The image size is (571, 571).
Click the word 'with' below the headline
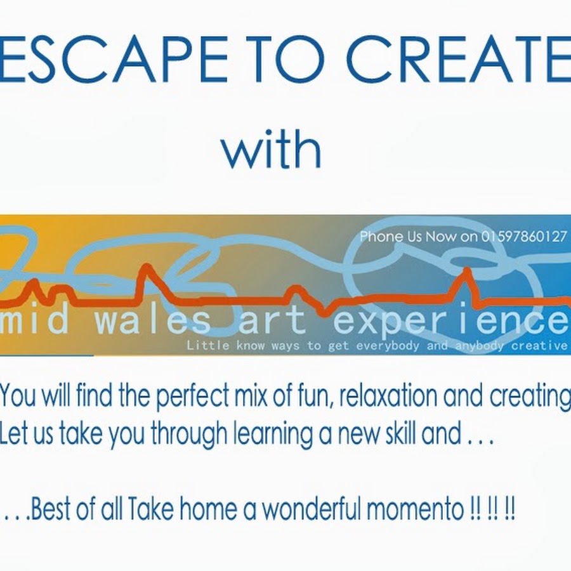pyautogui.click(x=272, y=148)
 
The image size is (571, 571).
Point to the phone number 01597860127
pyautogui.click(x=525, y=237)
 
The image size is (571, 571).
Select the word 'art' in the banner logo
pyautogui.click(x=272, y=320)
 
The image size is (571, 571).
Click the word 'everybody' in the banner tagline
pyautogui.click(x=388, y=345)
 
